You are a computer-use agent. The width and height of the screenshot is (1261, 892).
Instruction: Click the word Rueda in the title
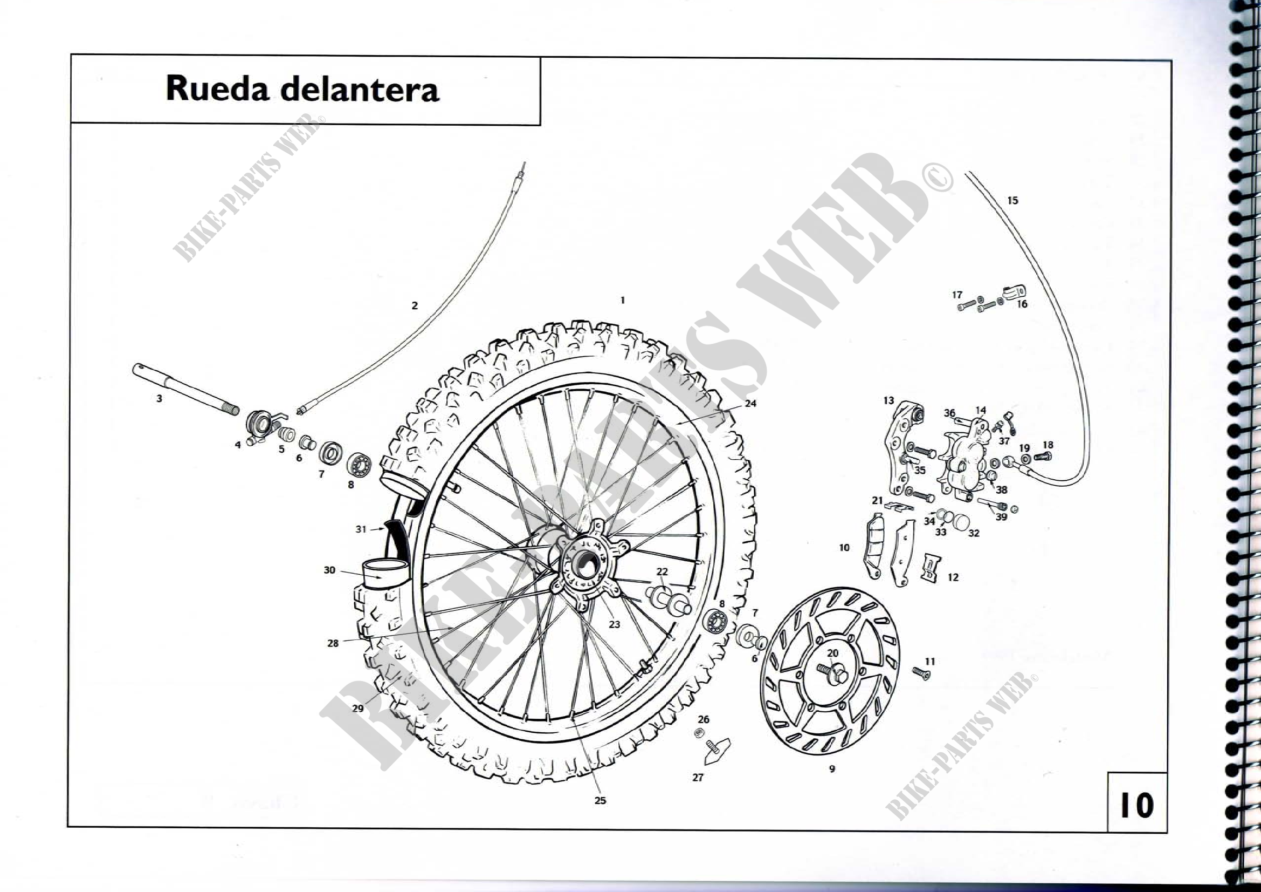[x=217, y=89]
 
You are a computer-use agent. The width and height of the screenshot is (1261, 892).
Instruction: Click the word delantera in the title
[x=360, y=89]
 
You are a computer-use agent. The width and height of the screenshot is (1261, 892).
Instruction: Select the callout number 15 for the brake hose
[x=1012, y=201]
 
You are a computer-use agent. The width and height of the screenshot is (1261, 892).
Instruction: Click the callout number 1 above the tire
[x=622, y=300]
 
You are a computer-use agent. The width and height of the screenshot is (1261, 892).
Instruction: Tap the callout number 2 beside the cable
[x=415, y=305]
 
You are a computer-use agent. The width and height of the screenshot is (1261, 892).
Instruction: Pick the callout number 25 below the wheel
[x=600, y=800]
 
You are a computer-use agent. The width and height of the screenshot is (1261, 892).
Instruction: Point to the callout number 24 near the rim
[x=750, y=403]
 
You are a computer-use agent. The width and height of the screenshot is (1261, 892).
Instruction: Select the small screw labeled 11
[x=921, y=672]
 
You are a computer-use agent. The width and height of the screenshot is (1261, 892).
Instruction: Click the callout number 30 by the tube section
[x=329, y=570]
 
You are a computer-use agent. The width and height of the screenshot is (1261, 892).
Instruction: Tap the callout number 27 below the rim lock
[x=698, y=777]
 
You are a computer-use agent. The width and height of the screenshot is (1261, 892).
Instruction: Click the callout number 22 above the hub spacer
[x=662, y=571]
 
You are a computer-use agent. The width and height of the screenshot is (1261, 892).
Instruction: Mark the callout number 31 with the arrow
[x=360, y=529]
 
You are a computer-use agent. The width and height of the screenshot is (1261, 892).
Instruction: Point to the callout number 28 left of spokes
[x=333, y=643]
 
